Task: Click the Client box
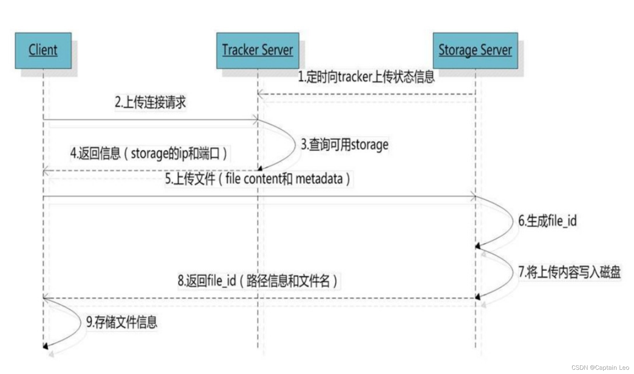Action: [43, 50]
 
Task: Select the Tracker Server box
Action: [258, 50]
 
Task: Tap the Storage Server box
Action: [475, 50]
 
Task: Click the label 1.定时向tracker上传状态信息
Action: [366, 77]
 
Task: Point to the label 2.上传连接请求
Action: [150, 102]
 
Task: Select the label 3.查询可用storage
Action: [344, 144]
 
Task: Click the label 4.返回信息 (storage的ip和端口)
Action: [149, 153]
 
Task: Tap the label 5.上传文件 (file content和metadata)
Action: [258, 179]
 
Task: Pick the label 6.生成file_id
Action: [547, 221]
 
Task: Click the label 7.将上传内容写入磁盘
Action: [569, 272]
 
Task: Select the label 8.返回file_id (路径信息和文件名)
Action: [258, 280]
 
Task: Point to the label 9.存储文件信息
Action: [122, 322]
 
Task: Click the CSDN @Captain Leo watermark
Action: [600, 367]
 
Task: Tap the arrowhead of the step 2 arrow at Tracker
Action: [255, 120]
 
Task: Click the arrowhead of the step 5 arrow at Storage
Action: [473, 196]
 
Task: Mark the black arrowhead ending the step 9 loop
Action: [46, 346]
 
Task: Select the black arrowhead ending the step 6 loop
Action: [478, 246]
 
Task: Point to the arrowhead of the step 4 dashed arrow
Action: [46, 171]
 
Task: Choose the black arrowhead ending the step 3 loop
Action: [260, 169]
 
